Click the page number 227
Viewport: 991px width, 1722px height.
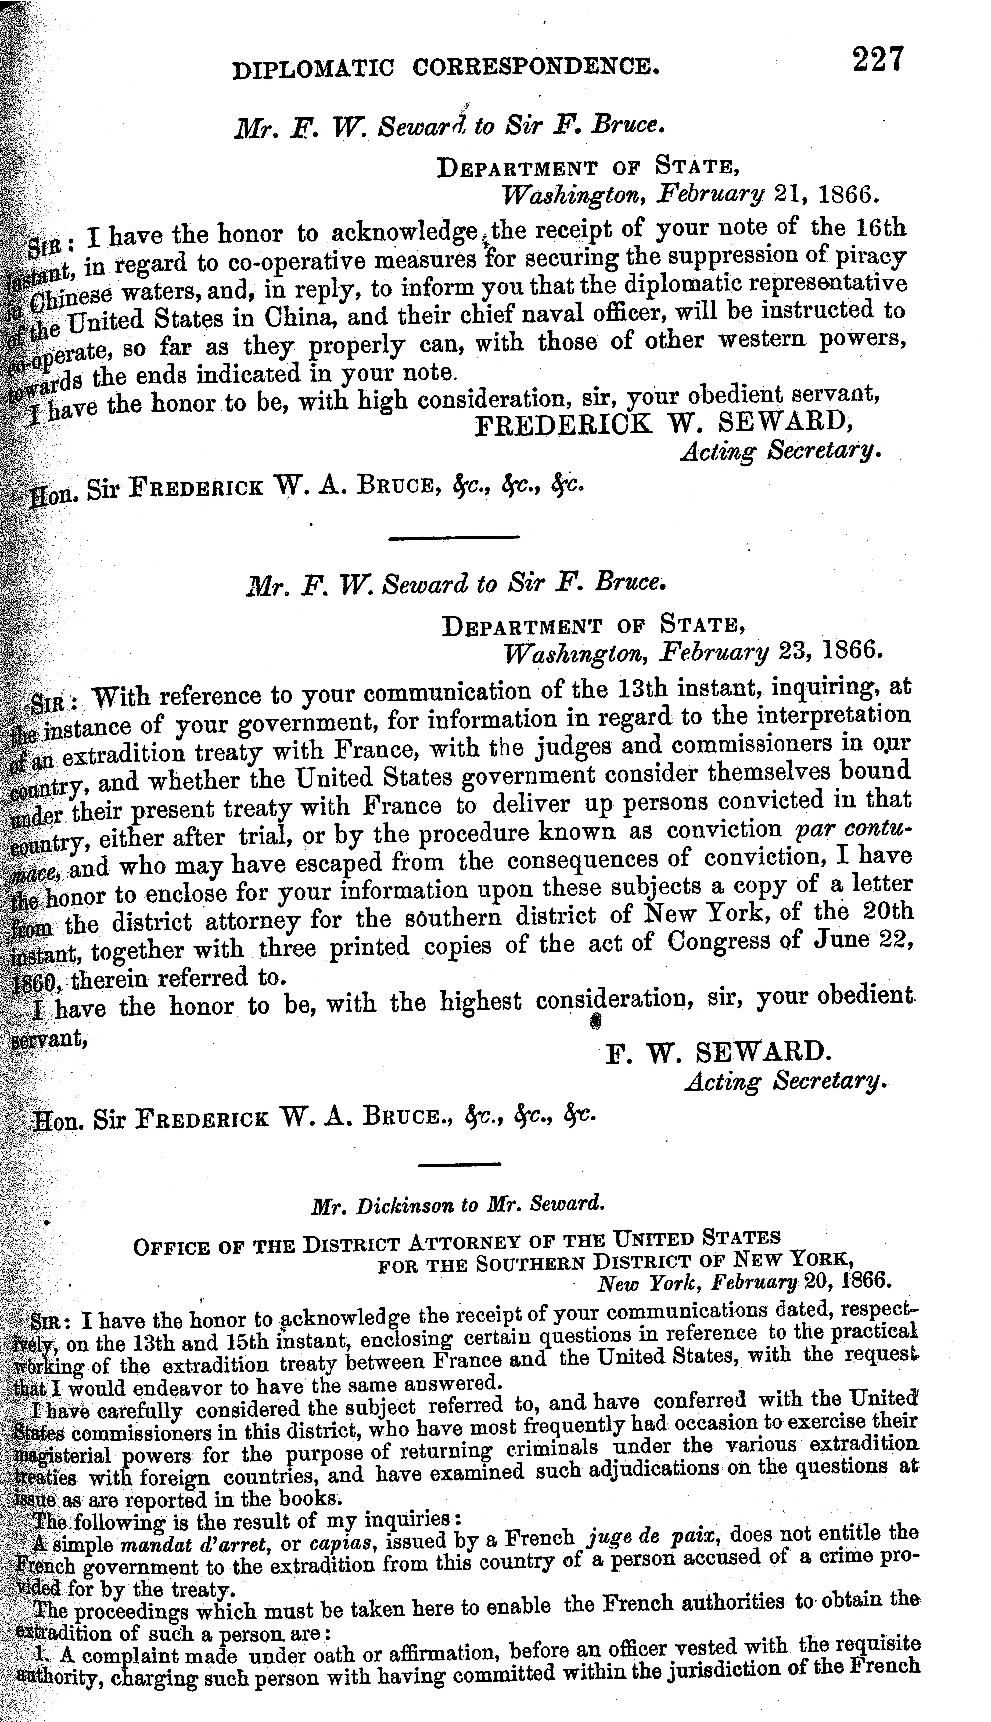point(877,59)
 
